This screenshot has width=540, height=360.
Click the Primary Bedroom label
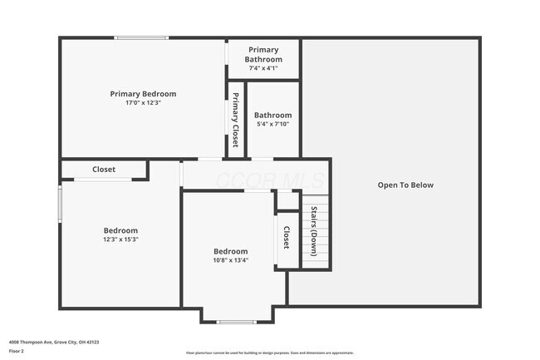(143, 94)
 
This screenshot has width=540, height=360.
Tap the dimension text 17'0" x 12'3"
(143, 103)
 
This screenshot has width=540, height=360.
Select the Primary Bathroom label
(263, 55)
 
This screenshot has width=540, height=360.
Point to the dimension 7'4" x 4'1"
(263, 67)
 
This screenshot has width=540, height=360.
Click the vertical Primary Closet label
(236, 121)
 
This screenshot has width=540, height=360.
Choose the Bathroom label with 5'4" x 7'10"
(272, 115)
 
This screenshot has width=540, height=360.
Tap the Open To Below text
(405, 185)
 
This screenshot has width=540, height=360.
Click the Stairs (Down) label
(314, 232)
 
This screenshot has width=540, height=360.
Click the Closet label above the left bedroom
(104, 170)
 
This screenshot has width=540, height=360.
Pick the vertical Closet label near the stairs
(287, 239)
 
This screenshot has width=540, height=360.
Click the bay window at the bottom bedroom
(237, 321)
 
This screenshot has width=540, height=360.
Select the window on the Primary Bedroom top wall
(141, 37)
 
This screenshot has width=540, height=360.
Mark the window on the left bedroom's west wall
(60, 204)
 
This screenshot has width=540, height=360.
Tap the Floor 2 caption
(17, 351)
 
